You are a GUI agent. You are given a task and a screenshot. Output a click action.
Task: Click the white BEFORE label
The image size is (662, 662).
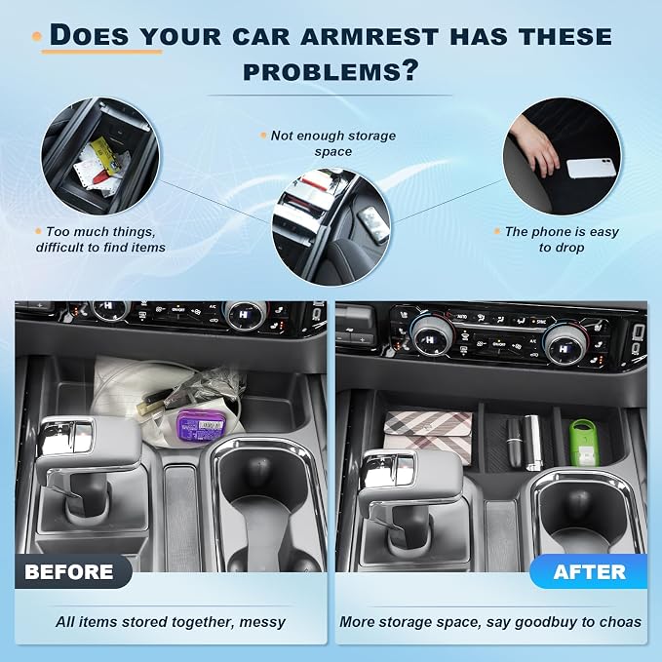click(x=69, y=572)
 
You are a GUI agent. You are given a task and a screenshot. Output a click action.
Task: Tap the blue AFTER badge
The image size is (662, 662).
click(x=589, y=571)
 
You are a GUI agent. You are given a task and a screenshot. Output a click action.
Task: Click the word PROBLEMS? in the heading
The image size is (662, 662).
click(x=331, y=70)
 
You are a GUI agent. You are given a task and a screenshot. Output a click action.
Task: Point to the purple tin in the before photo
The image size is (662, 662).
click(x=200, y=425)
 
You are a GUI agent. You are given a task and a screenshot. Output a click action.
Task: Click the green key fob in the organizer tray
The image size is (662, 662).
click(x=584, y=442)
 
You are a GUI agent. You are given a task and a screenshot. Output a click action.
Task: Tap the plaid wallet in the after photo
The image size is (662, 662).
click(x=428, y=437)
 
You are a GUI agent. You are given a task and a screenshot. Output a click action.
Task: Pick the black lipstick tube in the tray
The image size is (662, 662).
click(x=514, y=442)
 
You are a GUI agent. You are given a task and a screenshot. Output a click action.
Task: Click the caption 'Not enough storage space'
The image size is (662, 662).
click(x=333, y=143)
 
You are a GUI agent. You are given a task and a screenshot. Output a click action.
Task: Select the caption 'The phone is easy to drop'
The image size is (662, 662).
click(x=562, y=240)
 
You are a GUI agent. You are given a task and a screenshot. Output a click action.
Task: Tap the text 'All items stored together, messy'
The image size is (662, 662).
click(x=171, y=622)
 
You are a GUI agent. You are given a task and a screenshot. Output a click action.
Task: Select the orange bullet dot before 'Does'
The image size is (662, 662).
click(x=37, y=37)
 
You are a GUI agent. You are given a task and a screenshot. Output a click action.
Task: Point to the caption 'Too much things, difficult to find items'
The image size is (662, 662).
click(x=100, y=240)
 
